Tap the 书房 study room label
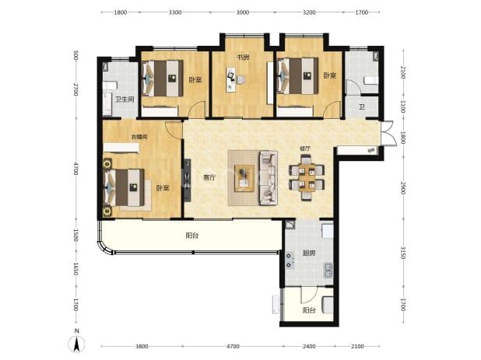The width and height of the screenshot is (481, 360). point(243,58)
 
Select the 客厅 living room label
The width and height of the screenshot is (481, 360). point(209,177)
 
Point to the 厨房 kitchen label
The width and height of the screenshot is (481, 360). point(308,253)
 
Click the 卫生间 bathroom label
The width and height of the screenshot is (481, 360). point(125,100)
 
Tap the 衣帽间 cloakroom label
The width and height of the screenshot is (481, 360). point(139,137)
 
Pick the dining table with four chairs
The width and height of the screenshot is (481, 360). point(307,177)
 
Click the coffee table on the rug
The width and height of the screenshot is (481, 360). point(244,178)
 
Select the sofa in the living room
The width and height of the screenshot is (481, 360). point(269,178)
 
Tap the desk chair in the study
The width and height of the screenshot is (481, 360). point(240,79)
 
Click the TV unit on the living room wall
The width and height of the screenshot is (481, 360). point(187,180)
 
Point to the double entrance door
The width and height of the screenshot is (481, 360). point(387,133)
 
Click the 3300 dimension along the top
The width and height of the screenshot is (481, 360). point(175,12)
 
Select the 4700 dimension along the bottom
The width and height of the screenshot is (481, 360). point(233,346)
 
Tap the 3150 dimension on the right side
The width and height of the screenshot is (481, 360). point(402,253)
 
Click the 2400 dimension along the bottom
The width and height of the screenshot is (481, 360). point(309,346)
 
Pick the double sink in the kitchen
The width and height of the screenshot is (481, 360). point(328,271)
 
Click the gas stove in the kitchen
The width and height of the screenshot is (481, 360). point(290,260)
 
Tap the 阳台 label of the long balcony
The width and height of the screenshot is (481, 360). point(192,236)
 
